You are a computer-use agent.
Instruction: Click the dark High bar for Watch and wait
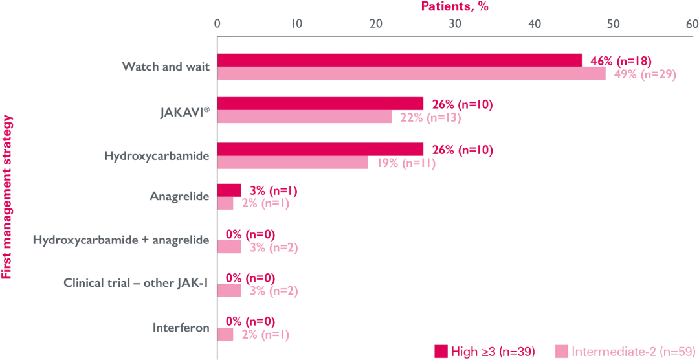point(399,60)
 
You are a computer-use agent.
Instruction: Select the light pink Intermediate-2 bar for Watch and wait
point(411,74)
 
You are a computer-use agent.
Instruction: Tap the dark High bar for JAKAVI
point(320,104)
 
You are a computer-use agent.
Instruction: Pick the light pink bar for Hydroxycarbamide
point(293,163)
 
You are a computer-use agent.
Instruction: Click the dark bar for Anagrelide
point(229,190)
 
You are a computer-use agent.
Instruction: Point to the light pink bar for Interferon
point(225,334)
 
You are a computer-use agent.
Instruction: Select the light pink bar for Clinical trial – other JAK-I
point(229,290)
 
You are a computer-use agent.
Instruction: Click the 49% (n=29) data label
point(645,74)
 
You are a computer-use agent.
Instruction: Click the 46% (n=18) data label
point(620,61)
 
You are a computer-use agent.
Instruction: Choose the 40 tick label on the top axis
point(534,24)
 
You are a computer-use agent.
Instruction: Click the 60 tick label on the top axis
point(692,24)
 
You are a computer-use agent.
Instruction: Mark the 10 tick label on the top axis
point(296,24)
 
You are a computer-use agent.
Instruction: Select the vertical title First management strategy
point(8,197)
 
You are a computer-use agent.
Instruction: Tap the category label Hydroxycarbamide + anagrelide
point(121,240)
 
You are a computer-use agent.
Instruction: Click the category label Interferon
point(181,328)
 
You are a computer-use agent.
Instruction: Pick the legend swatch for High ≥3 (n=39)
point(441,351)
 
